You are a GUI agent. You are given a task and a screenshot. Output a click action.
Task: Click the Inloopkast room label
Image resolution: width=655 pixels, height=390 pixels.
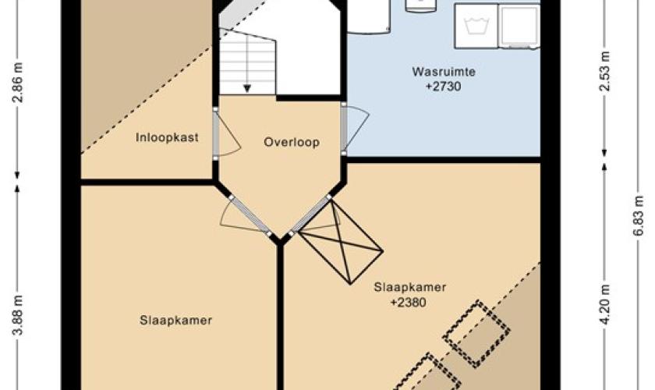tap(167, 137)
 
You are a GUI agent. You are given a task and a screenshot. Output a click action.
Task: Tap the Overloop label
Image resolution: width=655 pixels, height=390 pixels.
tap(292, 142)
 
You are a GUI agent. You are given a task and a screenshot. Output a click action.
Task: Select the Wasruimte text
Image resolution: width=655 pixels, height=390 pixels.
tap(444, 72)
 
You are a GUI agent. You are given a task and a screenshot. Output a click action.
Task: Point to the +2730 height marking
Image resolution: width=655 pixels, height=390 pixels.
tap(444, 87)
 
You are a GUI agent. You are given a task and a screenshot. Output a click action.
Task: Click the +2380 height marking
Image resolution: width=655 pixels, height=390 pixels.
tap(408, 302)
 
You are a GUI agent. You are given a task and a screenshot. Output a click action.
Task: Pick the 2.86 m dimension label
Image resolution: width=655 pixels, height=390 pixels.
tap(17, 83)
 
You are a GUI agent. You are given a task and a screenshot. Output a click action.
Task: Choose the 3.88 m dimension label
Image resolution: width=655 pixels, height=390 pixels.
tap(17, 315)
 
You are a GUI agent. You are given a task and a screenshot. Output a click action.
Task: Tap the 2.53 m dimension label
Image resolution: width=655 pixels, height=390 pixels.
tap(604, 71)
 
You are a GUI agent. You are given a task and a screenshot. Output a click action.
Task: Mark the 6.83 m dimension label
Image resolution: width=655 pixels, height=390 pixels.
tap(639, 216)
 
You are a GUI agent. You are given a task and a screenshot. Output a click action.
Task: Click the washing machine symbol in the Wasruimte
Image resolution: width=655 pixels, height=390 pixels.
tap(476, 26)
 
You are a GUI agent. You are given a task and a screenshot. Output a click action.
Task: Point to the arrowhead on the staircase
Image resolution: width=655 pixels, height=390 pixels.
tap(247, 89)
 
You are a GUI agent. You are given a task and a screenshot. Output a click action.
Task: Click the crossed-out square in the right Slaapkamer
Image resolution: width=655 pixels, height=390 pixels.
tap(342, 243)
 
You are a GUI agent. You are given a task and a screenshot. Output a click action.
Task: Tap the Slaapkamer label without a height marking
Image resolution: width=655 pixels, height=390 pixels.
tap(176, 321)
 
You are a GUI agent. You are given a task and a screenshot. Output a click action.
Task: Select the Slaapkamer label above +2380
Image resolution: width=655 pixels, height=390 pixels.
tap(410, 287)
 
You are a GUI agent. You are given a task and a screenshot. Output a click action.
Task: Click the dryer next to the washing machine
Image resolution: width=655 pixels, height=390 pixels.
tap(519, 26)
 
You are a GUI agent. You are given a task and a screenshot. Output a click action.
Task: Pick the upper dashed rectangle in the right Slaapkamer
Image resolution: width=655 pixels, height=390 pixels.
tap(476, 335)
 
